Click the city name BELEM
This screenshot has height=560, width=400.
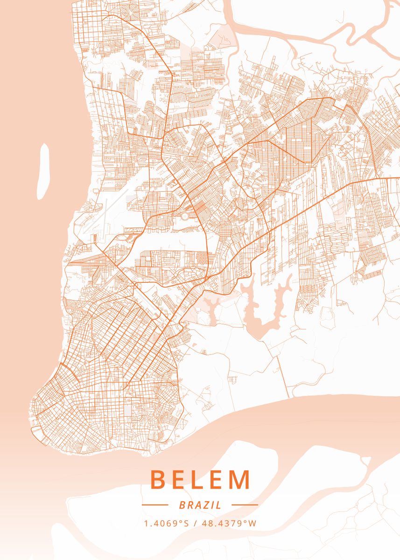[x=200, y=480]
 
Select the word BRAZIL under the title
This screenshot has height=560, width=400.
[x=200, y=505]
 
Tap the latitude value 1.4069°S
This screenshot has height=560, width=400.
[x=166, y=523]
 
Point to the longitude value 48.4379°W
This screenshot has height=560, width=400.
[x=229, y=523]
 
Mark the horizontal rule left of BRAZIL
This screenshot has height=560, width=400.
[x=155, y=505]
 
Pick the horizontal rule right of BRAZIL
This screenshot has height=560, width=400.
[x=245, y=505]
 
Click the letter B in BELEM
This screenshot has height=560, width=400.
[x=158, y=480]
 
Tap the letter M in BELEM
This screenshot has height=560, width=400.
[x=240, y=480]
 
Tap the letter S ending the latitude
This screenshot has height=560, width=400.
[x=186, y=523]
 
